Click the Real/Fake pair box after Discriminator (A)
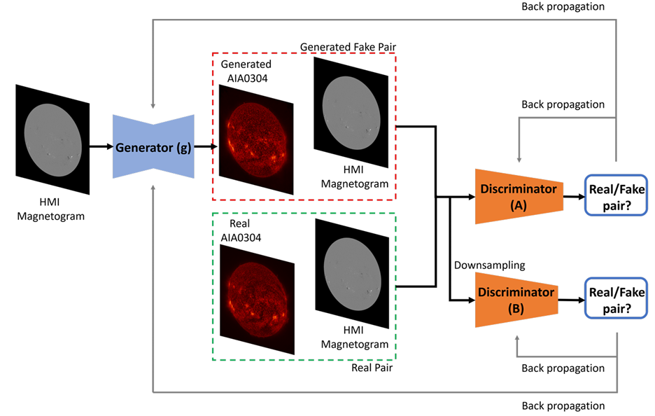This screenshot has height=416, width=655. coord(616,195)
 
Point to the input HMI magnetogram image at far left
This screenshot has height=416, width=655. coord(52,139)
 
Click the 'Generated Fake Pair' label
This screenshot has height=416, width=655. coord(348,46)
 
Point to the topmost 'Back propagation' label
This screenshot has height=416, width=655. coord(563,7)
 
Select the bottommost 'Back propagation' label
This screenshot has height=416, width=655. coord(563,405)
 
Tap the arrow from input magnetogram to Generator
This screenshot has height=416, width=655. coord(101,147)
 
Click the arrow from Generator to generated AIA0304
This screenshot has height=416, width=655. coord(205,147)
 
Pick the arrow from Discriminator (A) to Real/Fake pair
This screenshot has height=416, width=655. coord(574,197)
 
